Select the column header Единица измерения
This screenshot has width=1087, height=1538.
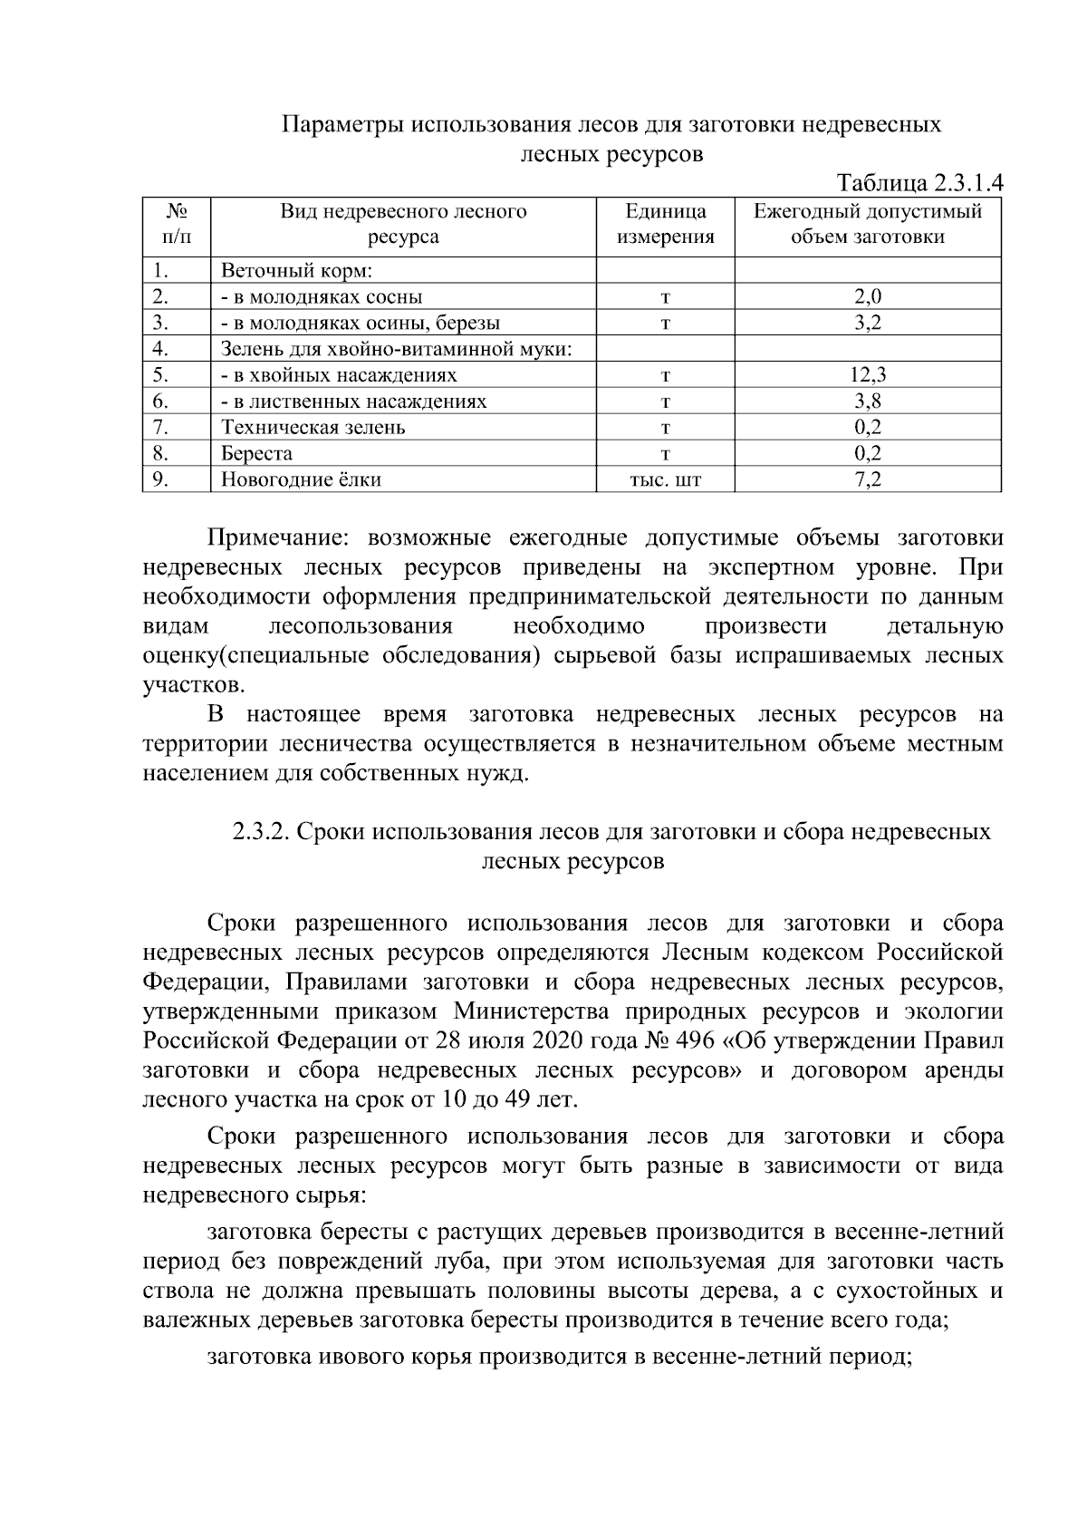[666, 225]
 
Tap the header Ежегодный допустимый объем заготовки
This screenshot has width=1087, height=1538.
[868, 225]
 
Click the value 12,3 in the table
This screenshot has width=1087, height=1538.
[868, 375]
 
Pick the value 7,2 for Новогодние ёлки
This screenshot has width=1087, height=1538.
[868, 479]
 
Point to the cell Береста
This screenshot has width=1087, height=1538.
[256, 454]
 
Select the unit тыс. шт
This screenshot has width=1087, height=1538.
[666, 480]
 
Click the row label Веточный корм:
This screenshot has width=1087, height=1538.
[297, 271]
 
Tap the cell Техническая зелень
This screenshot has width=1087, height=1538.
[313, 428]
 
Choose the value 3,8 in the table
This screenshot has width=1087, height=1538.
[868, 401]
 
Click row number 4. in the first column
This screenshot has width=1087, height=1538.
[161, 349]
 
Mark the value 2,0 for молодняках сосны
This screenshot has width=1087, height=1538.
[868, 297]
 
